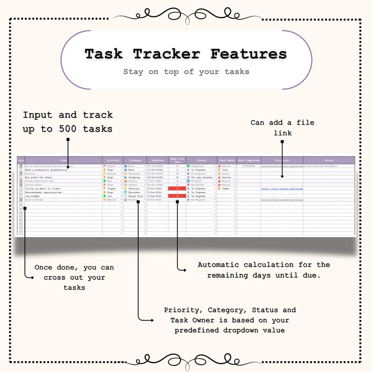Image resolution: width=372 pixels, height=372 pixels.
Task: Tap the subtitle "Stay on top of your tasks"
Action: coord(186,72)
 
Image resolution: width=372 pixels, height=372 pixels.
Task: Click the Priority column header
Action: coord(112,160)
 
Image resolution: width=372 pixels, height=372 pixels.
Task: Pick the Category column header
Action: coord(135,160)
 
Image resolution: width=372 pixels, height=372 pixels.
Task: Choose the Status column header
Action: coord(201,160)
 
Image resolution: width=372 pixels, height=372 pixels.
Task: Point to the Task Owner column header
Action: coord(227,160)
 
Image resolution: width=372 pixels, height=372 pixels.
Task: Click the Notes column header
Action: coord(328,160)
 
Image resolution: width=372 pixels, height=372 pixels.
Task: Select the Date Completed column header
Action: coord(248,160)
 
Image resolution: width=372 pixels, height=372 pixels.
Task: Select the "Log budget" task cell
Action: coord(33,196)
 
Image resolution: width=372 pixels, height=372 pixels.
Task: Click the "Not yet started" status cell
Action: coord(201,177)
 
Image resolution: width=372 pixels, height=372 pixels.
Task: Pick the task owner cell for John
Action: coord(227,170)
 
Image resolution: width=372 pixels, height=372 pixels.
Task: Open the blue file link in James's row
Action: coord(282,188)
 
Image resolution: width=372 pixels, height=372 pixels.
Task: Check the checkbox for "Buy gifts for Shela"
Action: coord(21,177)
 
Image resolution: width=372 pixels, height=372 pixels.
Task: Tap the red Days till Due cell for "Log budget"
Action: coord(177,196)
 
